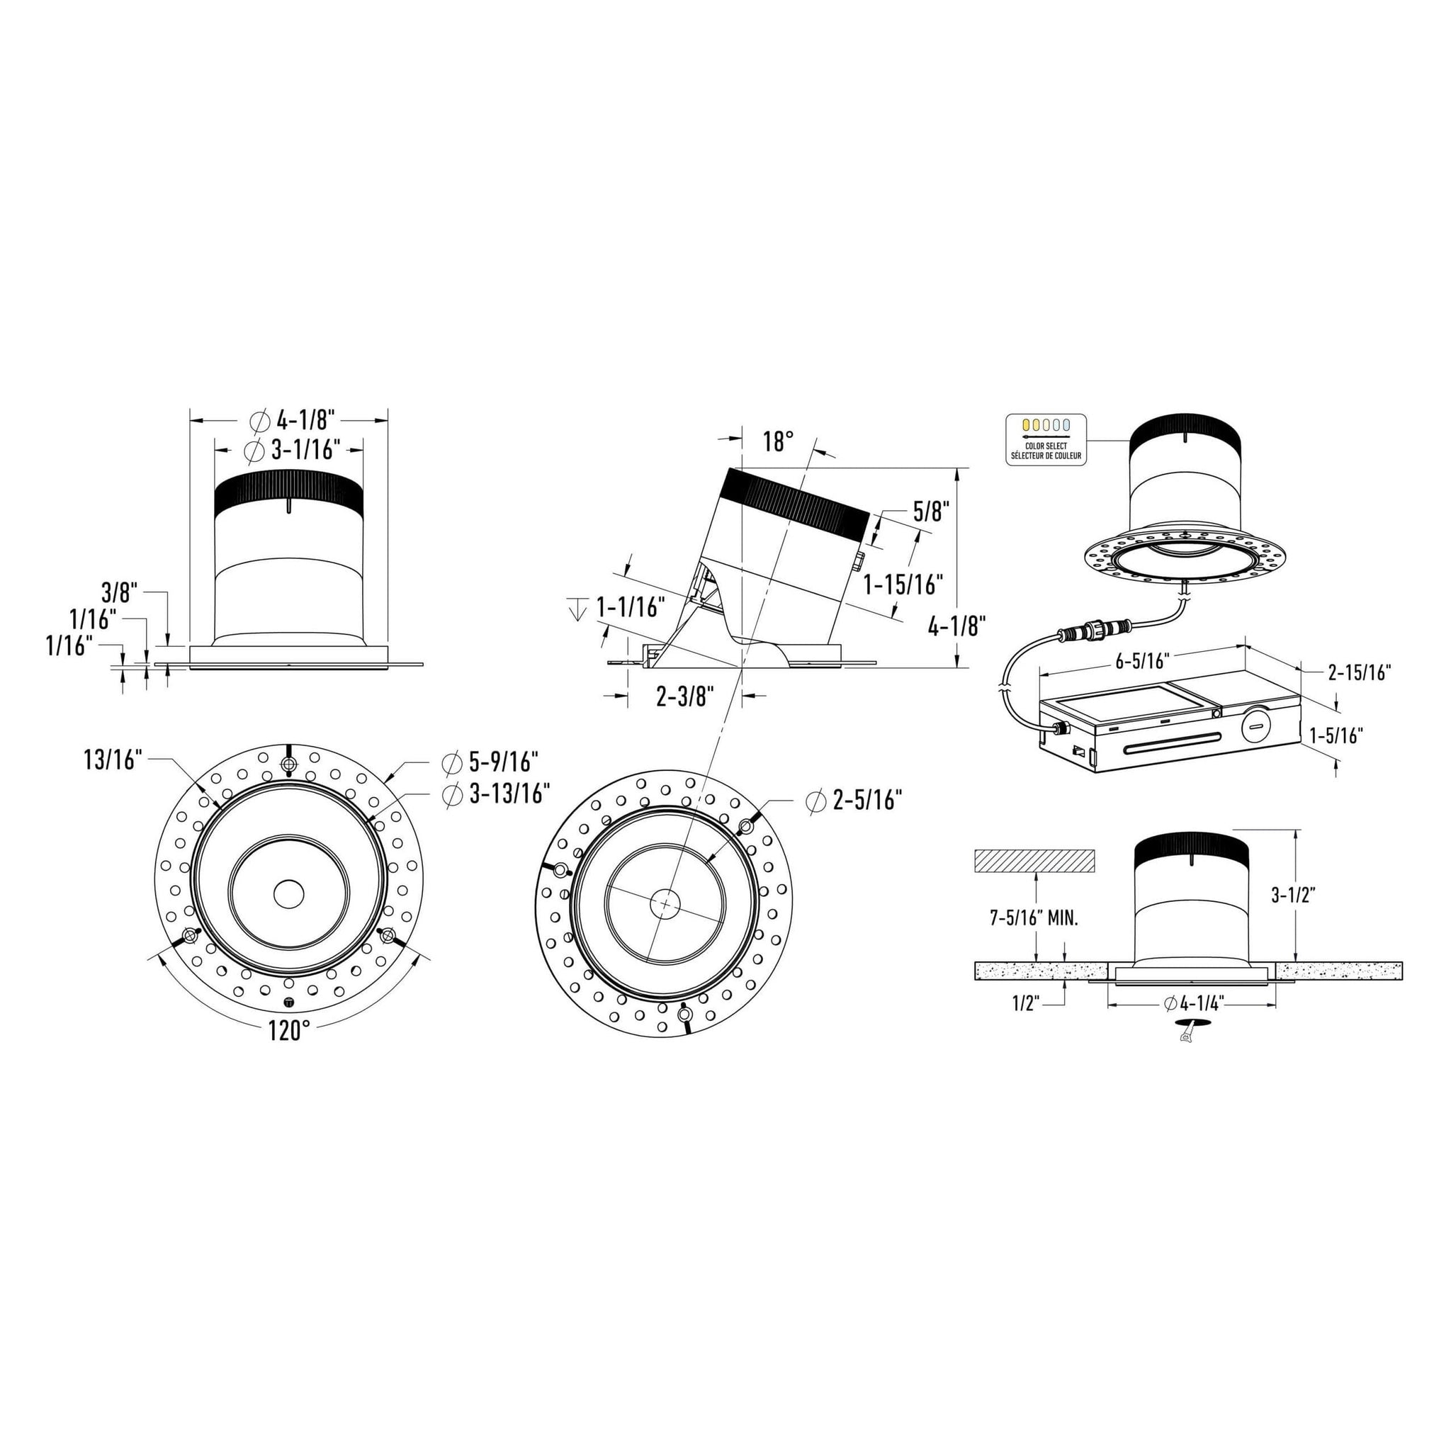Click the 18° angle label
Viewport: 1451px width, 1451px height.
coord(779,441)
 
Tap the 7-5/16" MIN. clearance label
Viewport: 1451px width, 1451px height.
coord(1034,918)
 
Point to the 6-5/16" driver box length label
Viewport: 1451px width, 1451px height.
coord(1143,661)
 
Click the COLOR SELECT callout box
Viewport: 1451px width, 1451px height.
coord(1046,439)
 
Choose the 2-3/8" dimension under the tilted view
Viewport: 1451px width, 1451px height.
coord(683,697)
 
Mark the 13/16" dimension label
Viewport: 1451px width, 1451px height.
coord(113,760)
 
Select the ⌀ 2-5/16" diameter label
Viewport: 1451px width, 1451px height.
coord(853,801)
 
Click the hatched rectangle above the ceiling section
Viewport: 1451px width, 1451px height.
coord(1034,861)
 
